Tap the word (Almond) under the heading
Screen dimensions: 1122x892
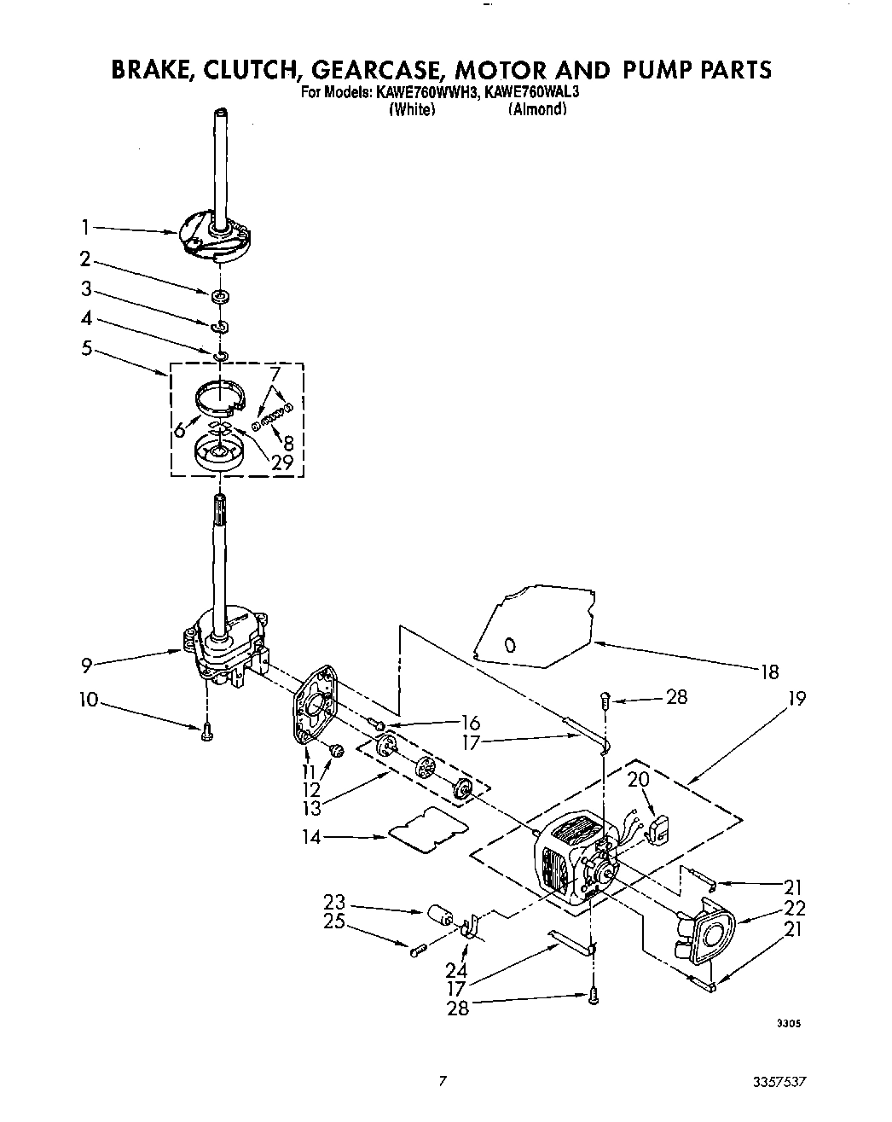(x=537, y=109)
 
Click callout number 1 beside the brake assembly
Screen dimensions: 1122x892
(x=85, y=227)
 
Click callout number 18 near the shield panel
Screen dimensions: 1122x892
(x=768, y=672)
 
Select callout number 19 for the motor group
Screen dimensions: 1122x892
(x=797, y=699)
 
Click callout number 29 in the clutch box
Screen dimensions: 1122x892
(x=282, y=463)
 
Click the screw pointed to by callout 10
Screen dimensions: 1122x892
(x=206, y=731)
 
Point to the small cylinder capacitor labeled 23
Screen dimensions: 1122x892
(x=439, y=918)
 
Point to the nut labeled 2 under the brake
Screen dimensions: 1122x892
(x=220, y=296)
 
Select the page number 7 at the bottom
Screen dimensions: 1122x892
(x=442, y=1081)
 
